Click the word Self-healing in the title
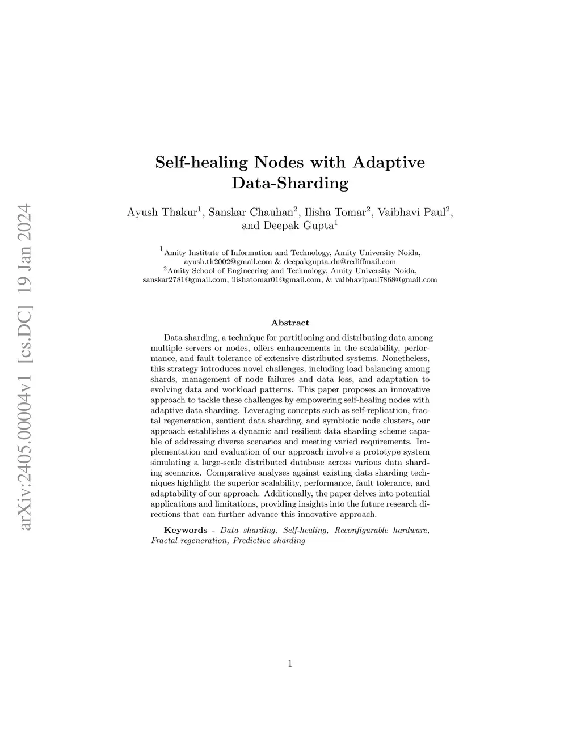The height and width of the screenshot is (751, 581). point(201,163)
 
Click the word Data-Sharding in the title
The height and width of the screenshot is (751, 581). point(290,184)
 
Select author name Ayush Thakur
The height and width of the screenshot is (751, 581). point(162,213)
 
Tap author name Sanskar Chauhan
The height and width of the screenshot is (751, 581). point(251,213)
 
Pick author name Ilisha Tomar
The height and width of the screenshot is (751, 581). point(335,213)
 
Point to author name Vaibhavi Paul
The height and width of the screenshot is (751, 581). point(412,213)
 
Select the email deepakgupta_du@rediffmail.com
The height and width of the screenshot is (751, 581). point(340,262)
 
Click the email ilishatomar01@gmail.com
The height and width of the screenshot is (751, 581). point(275,279)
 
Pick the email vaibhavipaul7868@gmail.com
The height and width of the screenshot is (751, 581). point(386,279)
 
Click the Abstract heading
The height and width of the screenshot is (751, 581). point(290,323)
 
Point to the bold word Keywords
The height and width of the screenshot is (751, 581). point(186,530)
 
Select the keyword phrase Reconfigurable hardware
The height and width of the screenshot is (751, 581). point(382,530)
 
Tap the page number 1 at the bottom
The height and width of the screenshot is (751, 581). point(290,664)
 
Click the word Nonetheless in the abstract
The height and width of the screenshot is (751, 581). point(406,359)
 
